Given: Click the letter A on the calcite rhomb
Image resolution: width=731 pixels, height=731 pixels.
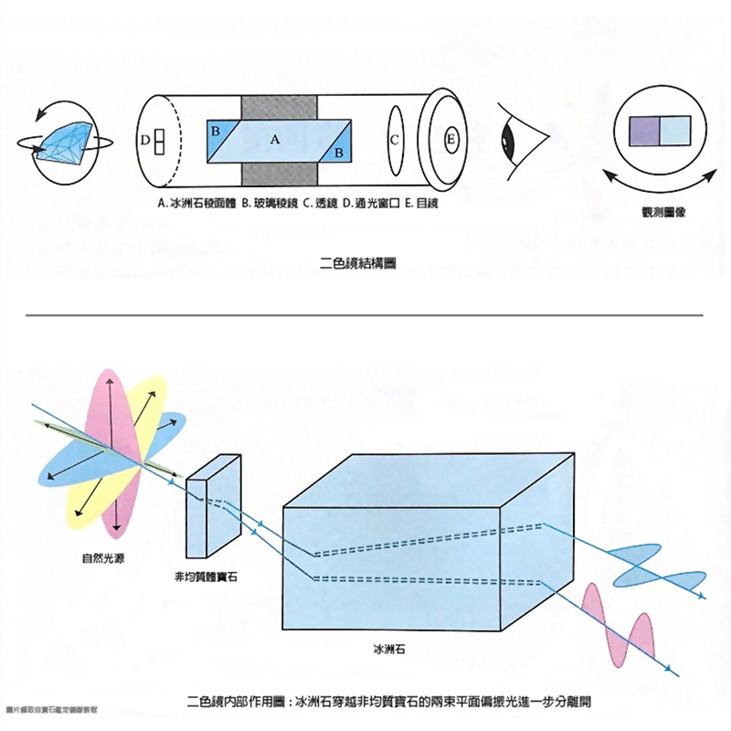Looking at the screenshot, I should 274,140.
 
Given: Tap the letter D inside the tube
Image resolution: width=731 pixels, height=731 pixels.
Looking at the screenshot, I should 146,140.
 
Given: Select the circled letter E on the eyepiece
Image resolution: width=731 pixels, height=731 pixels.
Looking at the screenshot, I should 450,140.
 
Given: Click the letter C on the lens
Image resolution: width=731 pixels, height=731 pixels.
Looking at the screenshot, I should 394,141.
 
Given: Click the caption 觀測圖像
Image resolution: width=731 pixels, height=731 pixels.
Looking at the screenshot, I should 658,212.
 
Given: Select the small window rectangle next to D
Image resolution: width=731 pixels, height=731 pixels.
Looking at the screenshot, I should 159,142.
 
